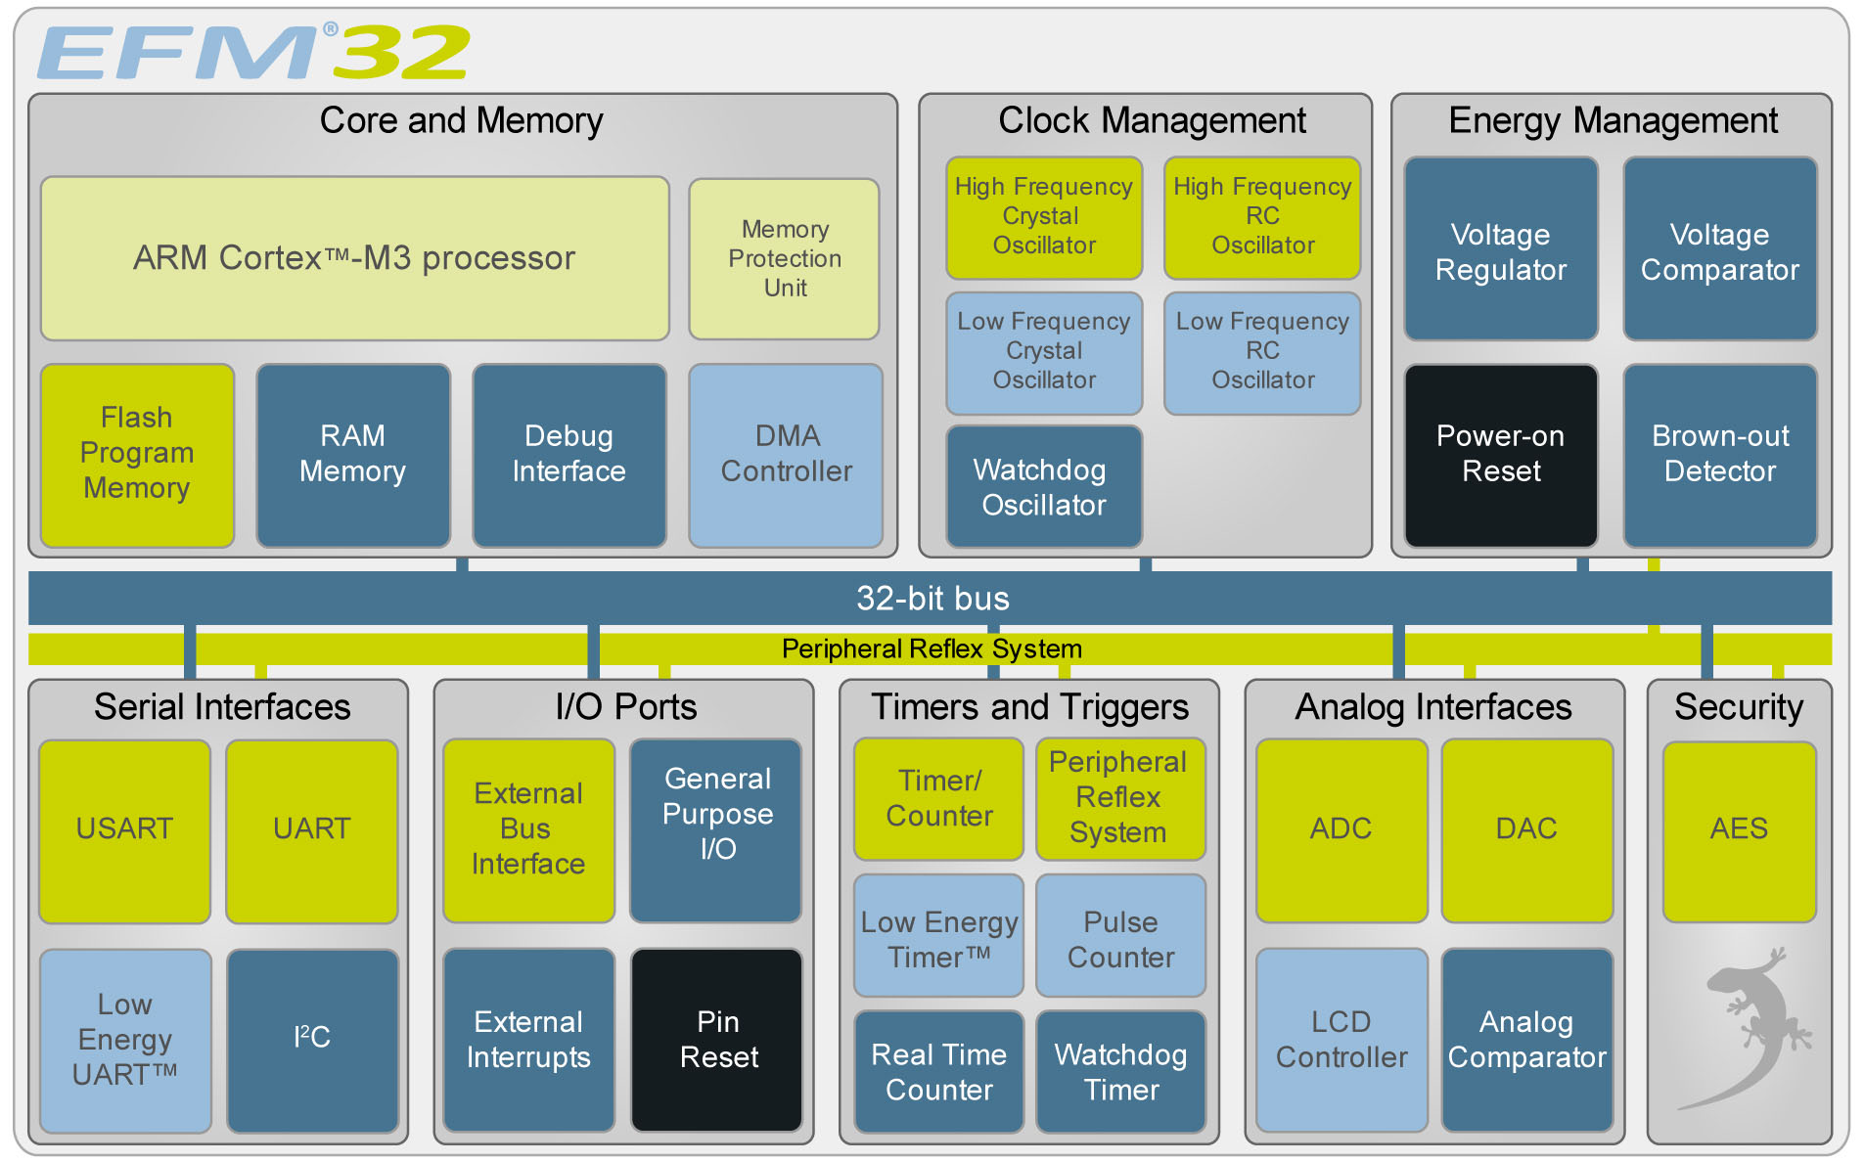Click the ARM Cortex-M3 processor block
354,258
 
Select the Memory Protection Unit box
785,258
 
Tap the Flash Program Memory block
137,454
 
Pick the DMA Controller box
786,454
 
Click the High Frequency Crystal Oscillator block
1044,216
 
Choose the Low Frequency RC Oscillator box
1262,351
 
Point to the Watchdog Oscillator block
1044,487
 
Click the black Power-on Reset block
1501,454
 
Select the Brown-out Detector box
1720,454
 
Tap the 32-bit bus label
932,599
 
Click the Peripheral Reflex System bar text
932,648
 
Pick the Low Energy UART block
125,1039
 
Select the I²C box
312,1039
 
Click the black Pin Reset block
717,1039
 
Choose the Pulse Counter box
1120,939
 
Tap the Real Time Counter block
939,1072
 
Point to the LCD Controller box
1341,1039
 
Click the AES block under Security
1739,829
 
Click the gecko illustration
1751,1027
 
